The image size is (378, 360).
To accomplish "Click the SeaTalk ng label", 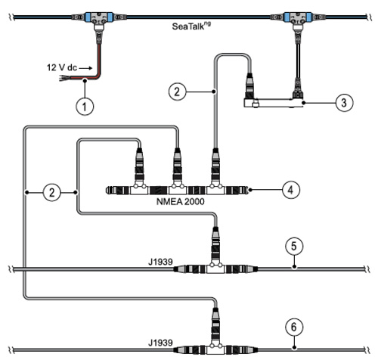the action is [191, 26].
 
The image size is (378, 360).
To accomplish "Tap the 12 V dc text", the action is [62, 67].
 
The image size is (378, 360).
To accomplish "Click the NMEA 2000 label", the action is [181, 202].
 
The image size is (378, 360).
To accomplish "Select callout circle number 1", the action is [85, 106].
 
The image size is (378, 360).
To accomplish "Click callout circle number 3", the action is [344, 103].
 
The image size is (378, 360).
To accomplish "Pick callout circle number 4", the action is [291, 190].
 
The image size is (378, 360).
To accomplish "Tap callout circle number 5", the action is [294, 246].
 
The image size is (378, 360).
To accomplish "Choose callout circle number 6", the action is [294, 327].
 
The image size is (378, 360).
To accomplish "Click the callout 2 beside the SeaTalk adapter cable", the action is [177, 92].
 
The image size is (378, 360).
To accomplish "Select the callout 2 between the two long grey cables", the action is [52, 192].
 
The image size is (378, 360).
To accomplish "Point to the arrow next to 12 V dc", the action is [86, 68].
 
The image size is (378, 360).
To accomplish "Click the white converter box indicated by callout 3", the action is [274, 103].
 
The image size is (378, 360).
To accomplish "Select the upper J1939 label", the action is [160, 262].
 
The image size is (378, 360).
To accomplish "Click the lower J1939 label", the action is [160, 343].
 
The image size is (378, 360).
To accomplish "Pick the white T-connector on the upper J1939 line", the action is [215, 268].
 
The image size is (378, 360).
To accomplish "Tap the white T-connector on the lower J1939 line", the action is [215, 349].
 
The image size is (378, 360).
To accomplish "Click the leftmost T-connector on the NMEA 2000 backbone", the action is [139, 188].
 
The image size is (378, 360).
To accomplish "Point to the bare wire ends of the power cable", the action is [64, 79].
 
